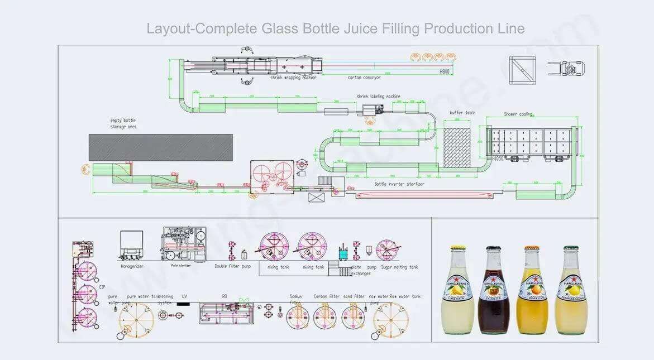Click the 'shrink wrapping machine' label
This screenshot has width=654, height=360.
(293, 78)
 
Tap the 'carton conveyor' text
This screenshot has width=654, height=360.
(365, 78)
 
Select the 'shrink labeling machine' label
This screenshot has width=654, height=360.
(379, 96)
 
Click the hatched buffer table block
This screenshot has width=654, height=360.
(457, 146)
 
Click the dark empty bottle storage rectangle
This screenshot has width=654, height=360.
(161, 147)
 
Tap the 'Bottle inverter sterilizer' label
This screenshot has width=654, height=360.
(399, 184)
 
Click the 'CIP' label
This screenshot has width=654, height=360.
(102, 286)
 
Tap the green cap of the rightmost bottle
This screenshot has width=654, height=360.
(570, 248)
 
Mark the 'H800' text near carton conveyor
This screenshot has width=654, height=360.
(445, 72)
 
